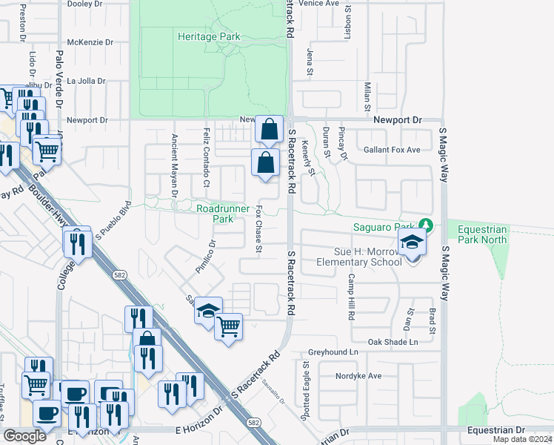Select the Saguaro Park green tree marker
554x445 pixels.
(425, 224)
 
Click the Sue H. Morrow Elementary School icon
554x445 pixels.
(411, 243)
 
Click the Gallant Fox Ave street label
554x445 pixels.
(392, 150)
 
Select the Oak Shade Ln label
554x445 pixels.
(393, 342)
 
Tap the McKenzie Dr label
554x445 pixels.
(90, 43)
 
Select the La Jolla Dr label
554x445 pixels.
(87, 81)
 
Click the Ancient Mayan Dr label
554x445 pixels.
(175, 165)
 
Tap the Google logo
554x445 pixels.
(24, 436)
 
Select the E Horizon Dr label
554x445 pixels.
(199, 429)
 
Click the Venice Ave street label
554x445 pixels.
(318, 4)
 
